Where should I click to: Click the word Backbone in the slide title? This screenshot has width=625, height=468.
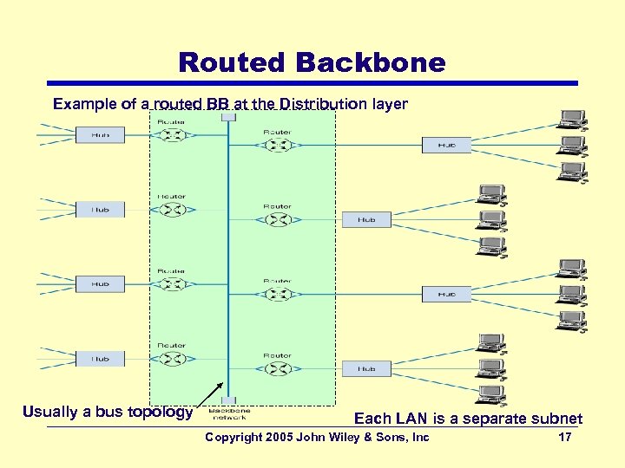(x=370, y=62)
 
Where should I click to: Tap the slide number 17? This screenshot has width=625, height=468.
(x=564, y=437)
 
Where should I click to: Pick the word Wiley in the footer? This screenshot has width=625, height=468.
(x=345, y=437)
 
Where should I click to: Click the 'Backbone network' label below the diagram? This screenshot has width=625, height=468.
(x=228, y=413)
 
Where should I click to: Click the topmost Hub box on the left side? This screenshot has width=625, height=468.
(x=101, y=134)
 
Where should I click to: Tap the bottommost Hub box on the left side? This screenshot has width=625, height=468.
(x=101, y=358)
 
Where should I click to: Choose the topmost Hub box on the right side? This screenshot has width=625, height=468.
(x=446, y=145)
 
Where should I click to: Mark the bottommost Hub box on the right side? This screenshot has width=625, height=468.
(x=367, y=369)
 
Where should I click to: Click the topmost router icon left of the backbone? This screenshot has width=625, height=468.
(x=171, y=134)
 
